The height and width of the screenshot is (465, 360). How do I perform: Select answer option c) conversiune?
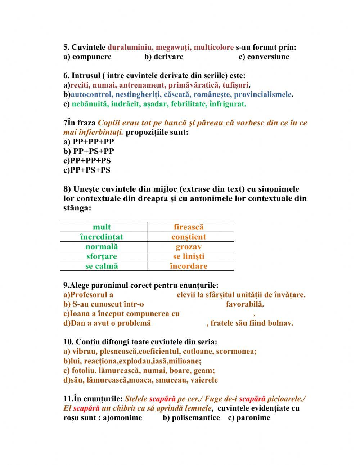pyautogui.click(x=264, y=57)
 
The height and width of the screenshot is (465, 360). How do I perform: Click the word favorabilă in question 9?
pyautogui.click(x=245, y=304)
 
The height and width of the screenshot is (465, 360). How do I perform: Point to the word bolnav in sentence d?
pyautogui.click(x=280, y=323)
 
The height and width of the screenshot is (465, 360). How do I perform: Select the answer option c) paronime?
pyautogui.click(x=249, y=417)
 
